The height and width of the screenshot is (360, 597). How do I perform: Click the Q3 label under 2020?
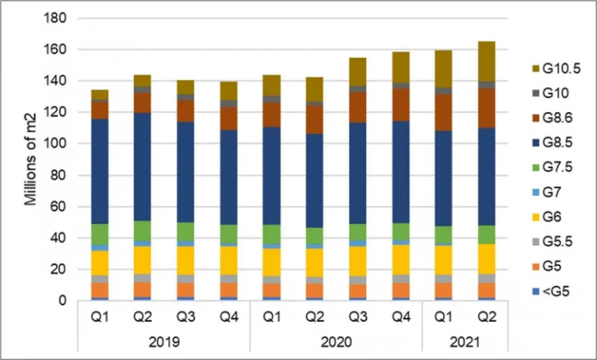[358, 318]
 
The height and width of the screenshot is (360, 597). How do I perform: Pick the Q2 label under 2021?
[486, 318]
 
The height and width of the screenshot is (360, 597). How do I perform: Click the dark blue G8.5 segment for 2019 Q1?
[99, 171]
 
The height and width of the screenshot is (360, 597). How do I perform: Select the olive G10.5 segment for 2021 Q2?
[486, 61]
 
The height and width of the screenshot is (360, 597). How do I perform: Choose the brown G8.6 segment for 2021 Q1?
[443, 112]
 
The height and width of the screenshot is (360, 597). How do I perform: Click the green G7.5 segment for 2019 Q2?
[141, 231]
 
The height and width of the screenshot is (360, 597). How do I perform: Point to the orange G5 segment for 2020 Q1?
[271, 291]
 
